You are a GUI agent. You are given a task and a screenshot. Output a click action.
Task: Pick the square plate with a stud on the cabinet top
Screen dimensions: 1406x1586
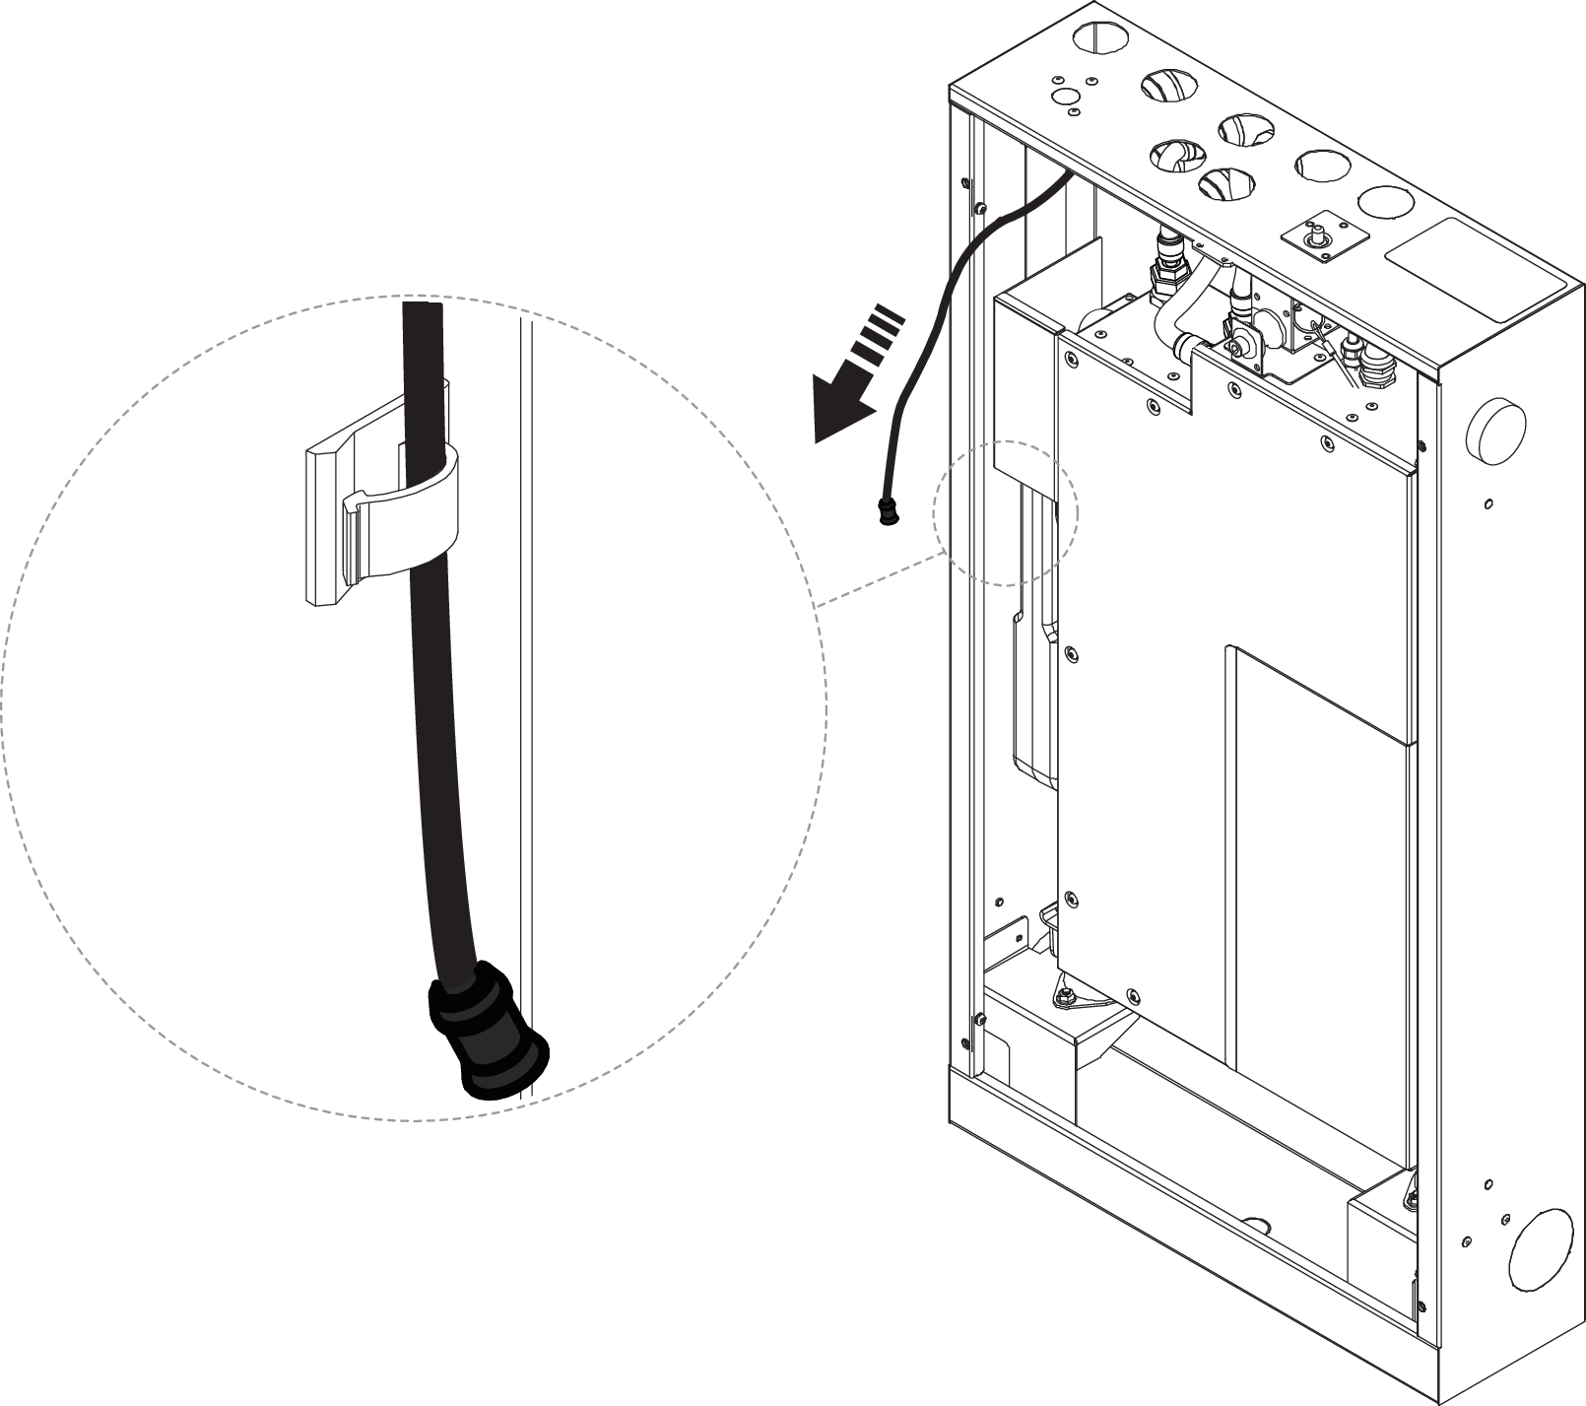[1312, 239]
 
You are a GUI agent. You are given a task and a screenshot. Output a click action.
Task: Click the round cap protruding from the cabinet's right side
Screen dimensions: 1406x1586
[1496, 427]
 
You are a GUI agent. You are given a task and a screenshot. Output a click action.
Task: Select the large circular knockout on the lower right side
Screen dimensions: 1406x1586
[1544, 1248]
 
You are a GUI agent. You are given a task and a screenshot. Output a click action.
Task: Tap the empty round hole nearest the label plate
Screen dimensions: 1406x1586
[1385, 201]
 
